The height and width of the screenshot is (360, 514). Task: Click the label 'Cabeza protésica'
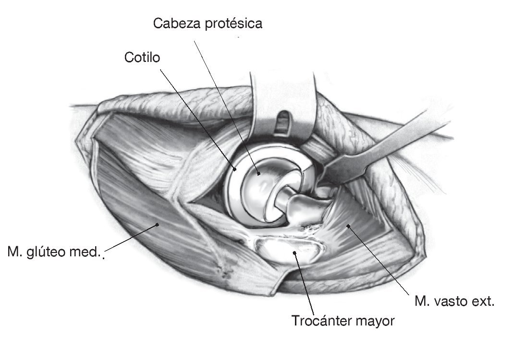(x=208, y=24)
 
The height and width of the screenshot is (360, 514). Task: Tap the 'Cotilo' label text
(x=142, y=58)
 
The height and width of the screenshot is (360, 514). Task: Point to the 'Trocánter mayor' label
(x=343, y=320)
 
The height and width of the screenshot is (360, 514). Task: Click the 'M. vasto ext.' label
(x=454, y=302)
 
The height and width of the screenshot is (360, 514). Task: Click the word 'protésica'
(x=235, y=24)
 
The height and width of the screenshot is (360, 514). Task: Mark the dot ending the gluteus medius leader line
(x=157, y=224)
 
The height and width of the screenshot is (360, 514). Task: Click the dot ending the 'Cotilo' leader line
(x=235, y=169)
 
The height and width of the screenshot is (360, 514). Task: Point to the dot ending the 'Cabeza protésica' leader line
(x=259, y=174)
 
